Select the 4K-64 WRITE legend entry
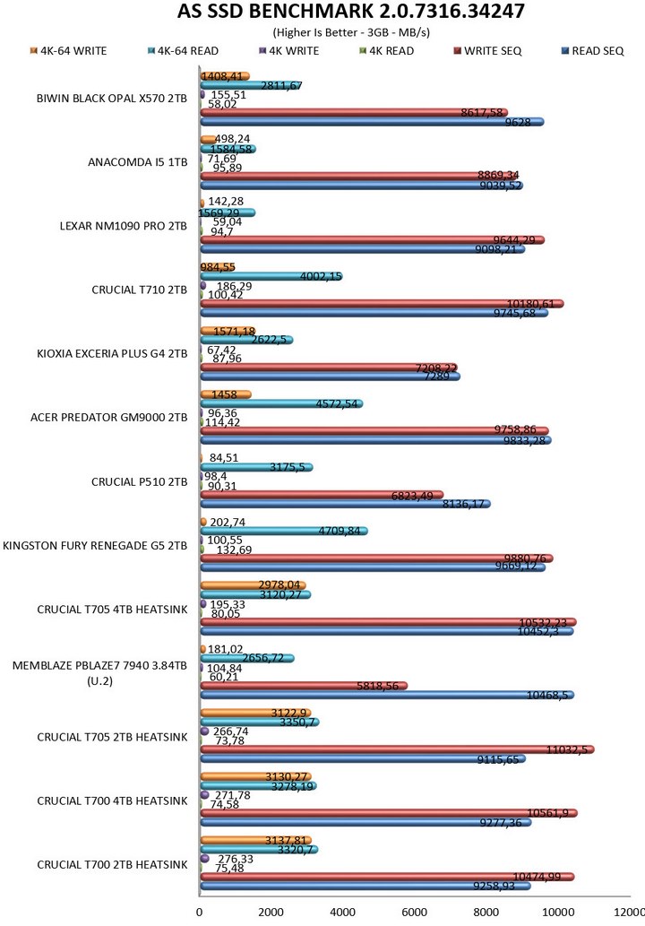73,51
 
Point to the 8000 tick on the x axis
486,913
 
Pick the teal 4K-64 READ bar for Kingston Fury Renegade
282,531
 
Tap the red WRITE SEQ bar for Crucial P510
321,495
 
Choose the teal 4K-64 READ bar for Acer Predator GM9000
280,403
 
